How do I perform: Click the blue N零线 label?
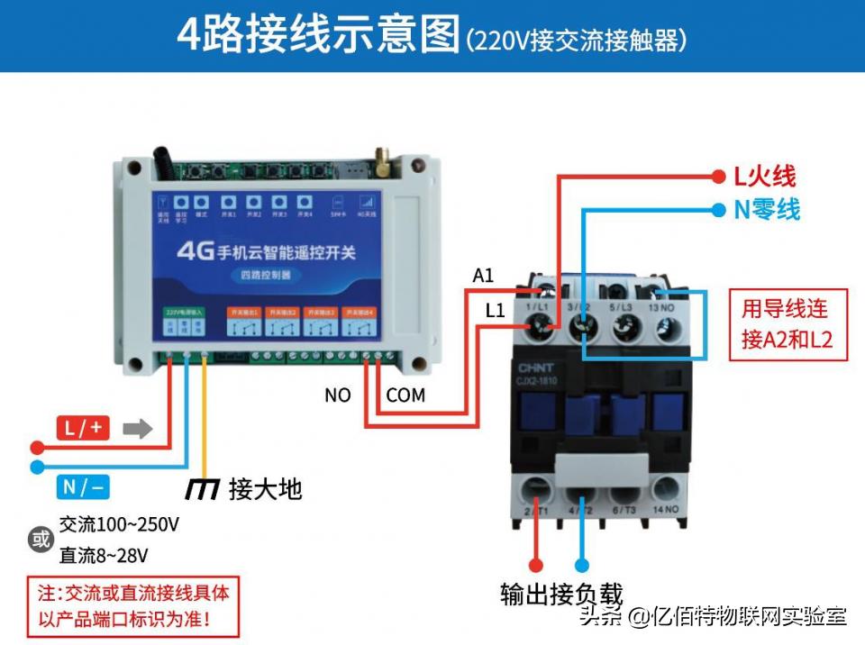pyautogui.click(x=766, y=210)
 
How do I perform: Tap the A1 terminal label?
pyautogui.click(x=483, y=276)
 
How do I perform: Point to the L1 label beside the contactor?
pyautogui.click(x=495, y=311)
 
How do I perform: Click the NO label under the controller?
pyautogui.click(x=337, y=395)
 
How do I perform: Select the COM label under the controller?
pyautogui.click(x=405, y=395)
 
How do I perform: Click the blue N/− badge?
pyautogui.click(x=83, y=488)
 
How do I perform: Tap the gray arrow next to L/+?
pyautogui.click(x=137, y=429)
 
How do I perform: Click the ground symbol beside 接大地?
pyautogui.click(x=202, y=489)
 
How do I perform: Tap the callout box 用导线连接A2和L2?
pyautogui.click(x=788, y=323)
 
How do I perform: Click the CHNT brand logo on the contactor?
pyautogui.click(x=537, y=368)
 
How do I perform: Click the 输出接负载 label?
pyautogui.click(x=561, y=595)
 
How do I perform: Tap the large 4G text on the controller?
pyautogui.click(x=195, y=250)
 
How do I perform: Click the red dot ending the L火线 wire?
pyautogui.click(x=718, y=176)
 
